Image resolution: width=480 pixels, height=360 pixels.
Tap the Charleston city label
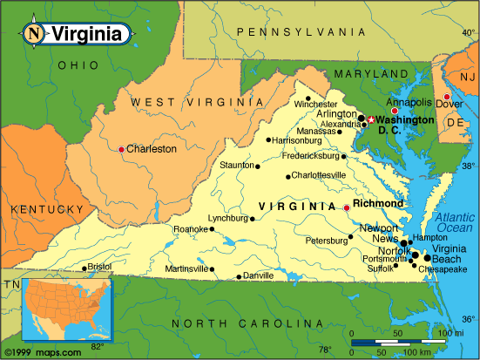(151, 149)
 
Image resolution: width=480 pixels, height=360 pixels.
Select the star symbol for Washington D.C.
(370, 120)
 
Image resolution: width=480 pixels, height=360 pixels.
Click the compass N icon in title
(33, 35)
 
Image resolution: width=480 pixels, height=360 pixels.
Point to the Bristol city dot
(85, 268)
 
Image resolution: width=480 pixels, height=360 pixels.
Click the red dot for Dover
(447, 97)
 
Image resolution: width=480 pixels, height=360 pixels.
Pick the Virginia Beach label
(443, 253)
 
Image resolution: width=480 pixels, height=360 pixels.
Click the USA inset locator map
(69, 309)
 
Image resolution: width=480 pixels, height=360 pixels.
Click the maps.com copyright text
(42, 352)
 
